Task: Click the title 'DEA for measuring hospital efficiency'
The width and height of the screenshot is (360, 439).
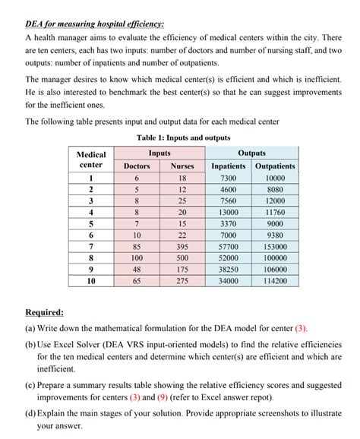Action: coord(95,24)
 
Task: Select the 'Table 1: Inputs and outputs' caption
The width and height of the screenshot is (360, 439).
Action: coord(183,137)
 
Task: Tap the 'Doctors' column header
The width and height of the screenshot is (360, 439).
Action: coord(137,166)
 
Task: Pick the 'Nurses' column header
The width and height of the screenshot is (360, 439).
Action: coord(182,166)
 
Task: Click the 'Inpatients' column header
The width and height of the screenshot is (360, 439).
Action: coord(229,166)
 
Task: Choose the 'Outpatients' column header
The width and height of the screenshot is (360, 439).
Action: coord(275,166)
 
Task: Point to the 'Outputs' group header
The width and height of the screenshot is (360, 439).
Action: coord(251,153)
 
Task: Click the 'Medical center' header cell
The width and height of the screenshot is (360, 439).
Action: coord(91,159)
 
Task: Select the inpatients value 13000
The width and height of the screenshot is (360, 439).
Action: coord(229,212)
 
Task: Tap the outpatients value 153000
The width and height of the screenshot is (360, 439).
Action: coord(275,246)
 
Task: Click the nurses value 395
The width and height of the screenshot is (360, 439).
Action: coord(182,246)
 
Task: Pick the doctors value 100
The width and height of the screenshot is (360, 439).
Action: coord(137,257)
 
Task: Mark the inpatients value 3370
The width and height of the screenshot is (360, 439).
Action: coord(229,223)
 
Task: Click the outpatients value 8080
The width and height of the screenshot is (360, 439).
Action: coord(275,189)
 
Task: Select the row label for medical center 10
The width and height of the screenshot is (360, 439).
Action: coord(91,280)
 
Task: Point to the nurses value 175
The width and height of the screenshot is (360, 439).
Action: coord(182,269)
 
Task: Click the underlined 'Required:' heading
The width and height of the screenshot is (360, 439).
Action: coord(45,312)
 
